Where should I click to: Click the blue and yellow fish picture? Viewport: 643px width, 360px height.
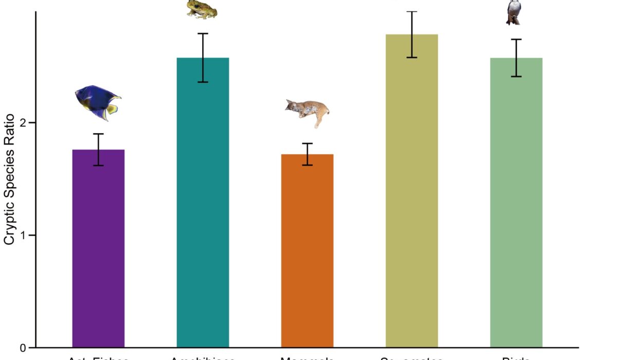(x=97, y=102)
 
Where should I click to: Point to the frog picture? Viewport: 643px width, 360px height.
(x=202, y=9)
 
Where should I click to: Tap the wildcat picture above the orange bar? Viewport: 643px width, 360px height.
(x=308, y=112)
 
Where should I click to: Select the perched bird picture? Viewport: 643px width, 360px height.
(x=513, y=12)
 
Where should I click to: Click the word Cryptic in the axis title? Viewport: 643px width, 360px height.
(x=10, y=222)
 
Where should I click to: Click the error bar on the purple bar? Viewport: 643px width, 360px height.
(x=98, y=150)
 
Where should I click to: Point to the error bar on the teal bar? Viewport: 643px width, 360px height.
(x=203, y=58)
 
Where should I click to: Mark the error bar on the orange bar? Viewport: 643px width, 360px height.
(x=307, y=154)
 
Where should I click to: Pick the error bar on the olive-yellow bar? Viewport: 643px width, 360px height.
(x=412, y=34)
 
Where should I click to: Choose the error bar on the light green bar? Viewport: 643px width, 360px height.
(x=516, y=58)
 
